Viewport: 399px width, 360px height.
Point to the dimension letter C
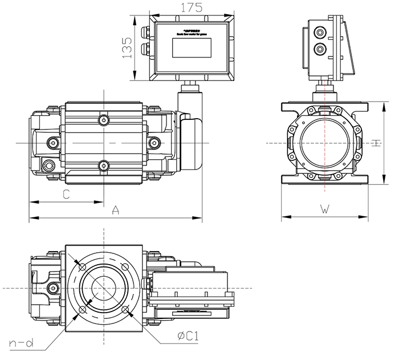66,194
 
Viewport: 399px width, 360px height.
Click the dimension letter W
324,209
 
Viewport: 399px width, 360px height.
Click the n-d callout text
21,343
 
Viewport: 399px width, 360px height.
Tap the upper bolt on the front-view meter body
103,120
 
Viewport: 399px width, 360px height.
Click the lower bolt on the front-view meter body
103,166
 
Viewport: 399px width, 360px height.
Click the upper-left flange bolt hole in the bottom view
81,268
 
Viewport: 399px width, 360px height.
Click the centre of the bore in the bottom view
104,289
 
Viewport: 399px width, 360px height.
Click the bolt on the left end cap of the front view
54,143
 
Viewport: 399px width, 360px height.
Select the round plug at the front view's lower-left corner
48,165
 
